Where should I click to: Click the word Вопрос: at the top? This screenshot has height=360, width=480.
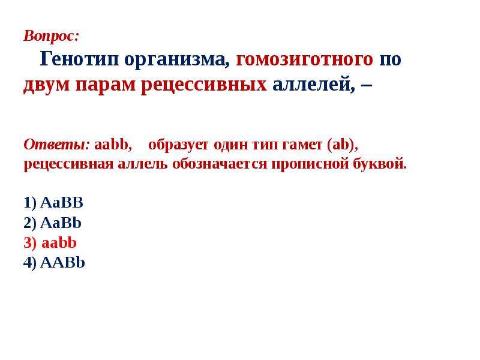51,36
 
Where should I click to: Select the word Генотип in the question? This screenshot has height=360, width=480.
79,58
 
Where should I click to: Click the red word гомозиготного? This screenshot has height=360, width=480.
305,58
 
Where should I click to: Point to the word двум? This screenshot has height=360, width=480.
47,85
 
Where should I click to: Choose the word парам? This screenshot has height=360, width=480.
105,85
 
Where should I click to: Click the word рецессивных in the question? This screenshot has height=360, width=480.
203,85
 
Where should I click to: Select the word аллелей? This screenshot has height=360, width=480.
314,85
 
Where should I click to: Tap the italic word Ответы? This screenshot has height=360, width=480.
56,144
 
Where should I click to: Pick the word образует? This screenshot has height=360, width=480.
178,145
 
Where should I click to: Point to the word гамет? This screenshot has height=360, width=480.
302,145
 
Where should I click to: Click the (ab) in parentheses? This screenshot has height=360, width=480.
342,145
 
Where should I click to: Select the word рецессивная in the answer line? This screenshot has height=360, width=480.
68,164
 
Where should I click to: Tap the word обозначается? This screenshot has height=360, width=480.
220,164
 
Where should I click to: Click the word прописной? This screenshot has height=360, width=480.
310,164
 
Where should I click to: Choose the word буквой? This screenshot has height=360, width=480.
380,163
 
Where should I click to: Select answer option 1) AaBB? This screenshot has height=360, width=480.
53,203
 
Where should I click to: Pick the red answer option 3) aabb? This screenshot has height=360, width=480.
50,243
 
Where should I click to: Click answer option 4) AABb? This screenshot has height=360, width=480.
54,263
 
